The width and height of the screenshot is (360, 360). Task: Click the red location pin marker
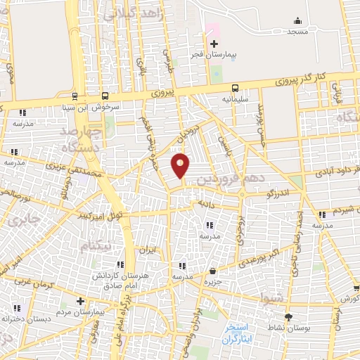[x=181, y=165]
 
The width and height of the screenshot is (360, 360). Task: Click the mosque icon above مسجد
[x=296, y=21]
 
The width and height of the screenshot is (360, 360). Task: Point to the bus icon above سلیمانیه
[x=235, y=89]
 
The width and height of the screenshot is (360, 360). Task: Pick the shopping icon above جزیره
[x=213, y=271]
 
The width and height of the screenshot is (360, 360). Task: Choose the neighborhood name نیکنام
[x=95, y=247]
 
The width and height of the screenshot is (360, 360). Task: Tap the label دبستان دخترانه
[x=19, y=319]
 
